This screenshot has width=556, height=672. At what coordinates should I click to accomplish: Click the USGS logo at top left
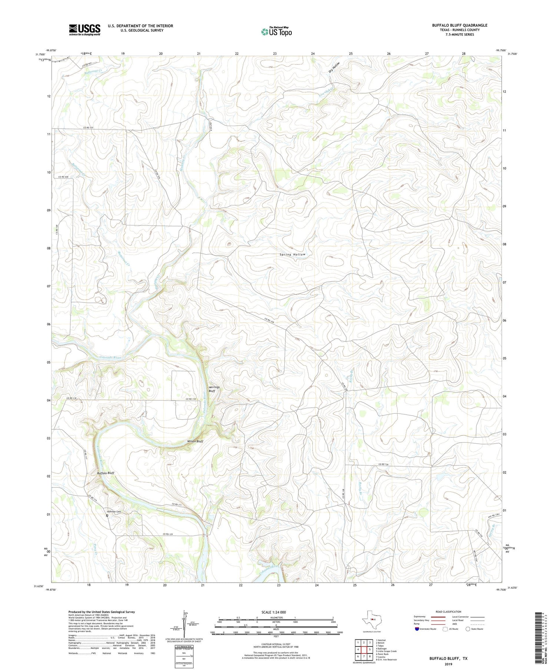pyautogui.click(x=85, y=30)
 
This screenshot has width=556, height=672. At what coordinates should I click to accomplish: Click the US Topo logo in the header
pyautogui.click(x=276, y=32)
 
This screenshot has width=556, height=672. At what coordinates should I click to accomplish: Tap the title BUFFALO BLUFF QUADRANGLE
pyautogui.click(x=459, y=25)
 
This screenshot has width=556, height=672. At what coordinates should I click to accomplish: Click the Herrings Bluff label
pyautogui.click(x=214, y=389)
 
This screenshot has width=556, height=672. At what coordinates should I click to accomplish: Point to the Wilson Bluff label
pyautogui.click(x=195, y=441)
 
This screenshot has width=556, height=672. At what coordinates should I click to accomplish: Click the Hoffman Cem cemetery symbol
pyautogui.click(x=107, y=515)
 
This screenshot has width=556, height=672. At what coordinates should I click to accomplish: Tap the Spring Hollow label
pyautogui.click(x=292, y=255)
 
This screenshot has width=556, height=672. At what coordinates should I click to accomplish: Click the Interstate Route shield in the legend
pyautogui.click(x=417, y=629)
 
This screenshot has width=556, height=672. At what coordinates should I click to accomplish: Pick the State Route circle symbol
pyautogui.click(x=468, y=629)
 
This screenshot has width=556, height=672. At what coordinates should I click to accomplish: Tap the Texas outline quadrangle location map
pyautogui.click(x=371, y=621)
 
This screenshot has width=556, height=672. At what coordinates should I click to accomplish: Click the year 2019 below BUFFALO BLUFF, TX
pyautogui.click(x=448, y=665)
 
